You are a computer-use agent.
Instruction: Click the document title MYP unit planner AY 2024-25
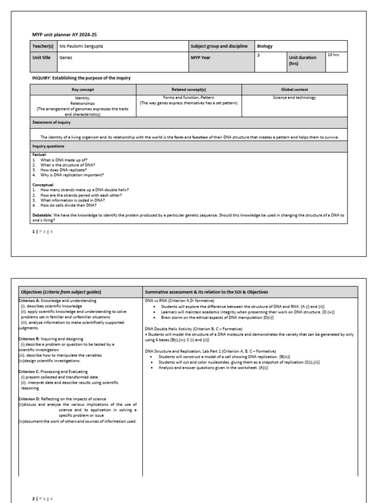coord(61,34)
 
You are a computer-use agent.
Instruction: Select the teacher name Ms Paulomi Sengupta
coord(81,46)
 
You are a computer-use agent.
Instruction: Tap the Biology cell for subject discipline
coord(265,46)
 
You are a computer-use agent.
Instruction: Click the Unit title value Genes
coord(65,57)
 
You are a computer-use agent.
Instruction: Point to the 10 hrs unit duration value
coord(333,55)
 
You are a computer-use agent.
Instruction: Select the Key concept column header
coord(82,90)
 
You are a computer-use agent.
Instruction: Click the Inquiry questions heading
coord(48,146)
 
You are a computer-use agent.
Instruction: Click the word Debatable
coord(42,215)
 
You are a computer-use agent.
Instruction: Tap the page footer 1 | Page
coord(42,231)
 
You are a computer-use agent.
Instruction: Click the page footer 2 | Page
coord(42,499)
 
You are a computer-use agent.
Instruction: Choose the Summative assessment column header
coord(206,292)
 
